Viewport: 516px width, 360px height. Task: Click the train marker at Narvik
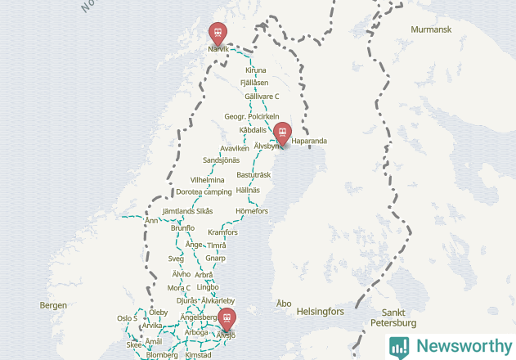218,34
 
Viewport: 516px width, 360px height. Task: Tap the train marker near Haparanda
283,133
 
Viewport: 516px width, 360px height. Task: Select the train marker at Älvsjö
227,319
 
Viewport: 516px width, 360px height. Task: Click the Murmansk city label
432,29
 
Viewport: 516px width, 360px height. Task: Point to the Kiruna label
255,70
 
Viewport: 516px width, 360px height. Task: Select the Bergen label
52,305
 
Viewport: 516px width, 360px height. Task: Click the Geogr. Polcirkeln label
252,117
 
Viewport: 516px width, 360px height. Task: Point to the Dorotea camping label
204,192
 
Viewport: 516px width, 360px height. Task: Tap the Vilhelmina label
207,180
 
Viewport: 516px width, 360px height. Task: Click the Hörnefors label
251,211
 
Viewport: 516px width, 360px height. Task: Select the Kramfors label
222,232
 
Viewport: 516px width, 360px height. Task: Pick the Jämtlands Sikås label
187,211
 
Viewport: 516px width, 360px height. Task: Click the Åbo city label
284,304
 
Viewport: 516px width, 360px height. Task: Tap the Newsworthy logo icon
399,346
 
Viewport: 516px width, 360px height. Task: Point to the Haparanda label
309,142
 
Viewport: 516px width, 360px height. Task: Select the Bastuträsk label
254,175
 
